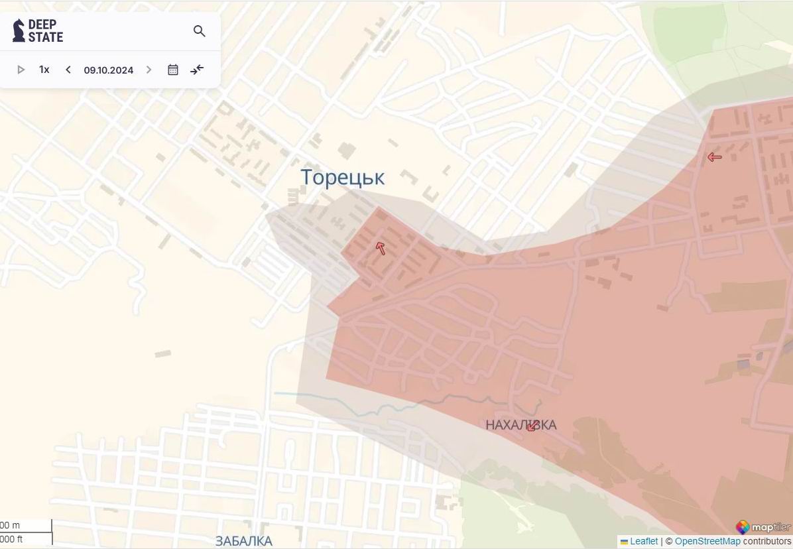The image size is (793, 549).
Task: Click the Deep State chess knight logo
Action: click(x=19, y=30)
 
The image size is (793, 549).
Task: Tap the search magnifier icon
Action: click(x=199, y=31)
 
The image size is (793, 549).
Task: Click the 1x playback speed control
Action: click(x=44, y=70)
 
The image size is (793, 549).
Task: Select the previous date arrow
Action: click(x=68, y=70)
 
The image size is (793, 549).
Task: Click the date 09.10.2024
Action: click(x=108, y=70)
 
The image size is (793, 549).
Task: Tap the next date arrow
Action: click(x=149, y=70)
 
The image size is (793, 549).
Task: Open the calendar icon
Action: click(x=173, y=70)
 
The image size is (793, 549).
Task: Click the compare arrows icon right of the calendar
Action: click(x=197, y=70)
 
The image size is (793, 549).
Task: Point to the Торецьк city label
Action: click(x=342, y=178)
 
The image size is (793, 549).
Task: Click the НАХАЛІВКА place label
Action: click(x=520, y=425)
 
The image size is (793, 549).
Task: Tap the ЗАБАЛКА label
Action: click(x=243, y=541)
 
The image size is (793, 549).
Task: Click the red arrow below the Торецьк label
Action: click(x=381, y=248)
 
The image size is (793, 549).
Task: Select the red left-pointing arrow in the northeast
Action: click(x=714, y=157)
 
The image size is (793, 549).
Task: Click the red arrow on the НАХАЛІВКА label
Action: click(x=532, y=426)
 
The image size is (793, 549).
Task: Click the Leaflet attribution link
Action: click(x=643, y=542)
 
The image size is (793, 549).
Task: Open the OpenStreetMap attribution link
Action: click(x=707, y=542)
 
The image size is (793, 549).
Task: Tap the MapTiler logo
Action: click(x=762, y=527)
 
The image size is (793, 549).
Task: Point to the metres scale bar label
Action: click(x=11, y=526)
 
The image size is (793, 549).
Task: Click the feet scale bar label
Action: click(x=11, y=539)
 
